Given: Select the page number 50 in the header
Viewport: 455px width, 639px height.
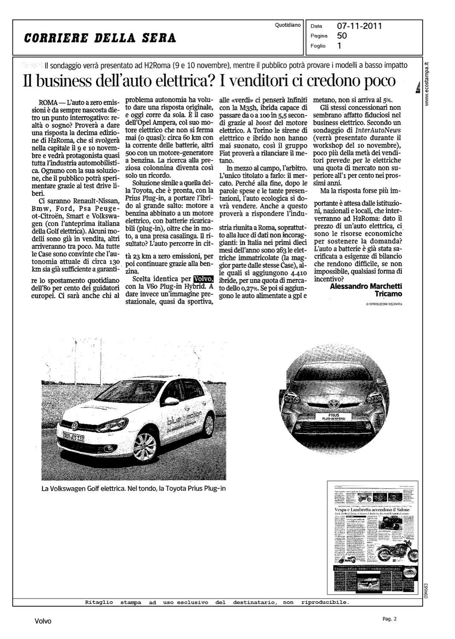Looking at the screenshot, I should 342,36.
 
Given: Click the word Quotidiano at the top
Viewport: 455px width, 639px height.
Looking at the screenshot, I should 288,25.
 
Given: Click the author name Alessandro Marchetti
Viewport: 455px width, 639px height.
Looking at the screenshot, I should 366,286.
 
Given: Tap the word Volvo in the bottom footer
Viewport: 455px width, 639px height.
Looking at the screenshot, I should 43,621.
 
